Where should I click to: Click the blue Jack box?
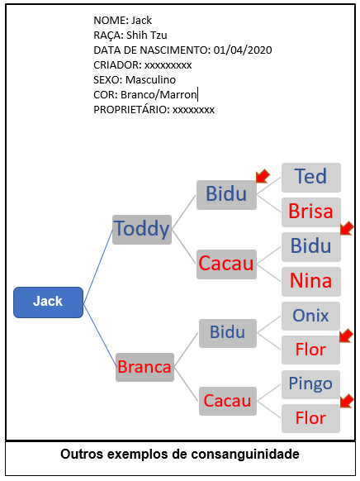click(x=48, y=302)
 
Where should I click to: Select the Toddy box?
click(x=142, y=230)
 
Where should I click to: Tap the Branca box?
click(x=144, y=367)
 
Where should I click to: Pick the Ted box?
click(x=311, y=178)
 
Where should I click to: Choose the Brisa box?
click(x=311, y=212)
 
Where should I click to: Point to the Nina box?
click(x=311, y=282)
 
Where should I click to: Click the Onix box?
click(x=310, y=316)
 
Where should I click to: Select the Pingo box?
click(x=310, y=384)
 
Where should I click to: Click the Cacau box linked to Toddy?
click(x=226, y=264)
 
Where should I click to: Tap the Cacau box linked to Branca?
click(x=228, y=401)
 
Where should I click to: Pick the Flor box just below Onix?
click(x=310, y=350)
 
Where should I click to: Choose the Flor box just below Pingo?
click(x=310, y=418)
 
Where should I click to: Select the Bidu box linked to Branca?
click(x=228, y=333)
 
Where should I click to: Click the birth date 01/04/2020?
click(x=243, y=50)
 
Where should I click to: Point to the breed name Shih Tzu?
click(x=147, y=36)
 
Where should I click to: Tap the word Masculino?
click(x=151, y=80)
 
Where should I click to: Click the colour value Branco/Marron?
click(x=159, y=95)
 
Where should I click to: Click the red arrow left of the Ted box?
click(x=263, y=176)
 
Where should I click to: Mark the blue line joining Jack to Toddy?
click(x=98, y=266)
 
